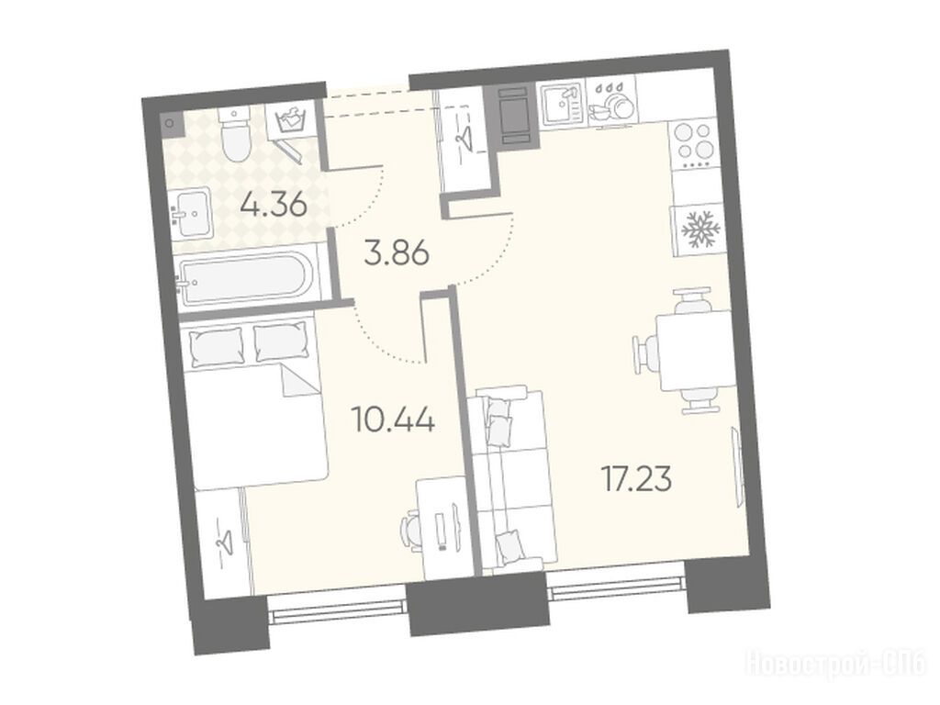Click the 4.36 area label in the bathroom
pos(274,206)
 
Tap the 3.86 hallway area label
pos(397,253)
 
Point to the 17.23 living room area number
pos(636,479)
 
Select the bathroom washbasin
pos(191,213)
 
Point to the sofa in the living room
pos(511,478)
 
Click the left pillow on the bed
pos(217,346)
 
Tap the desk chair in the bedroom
pos(412,529)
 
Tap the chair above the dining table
pos(693,301)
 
